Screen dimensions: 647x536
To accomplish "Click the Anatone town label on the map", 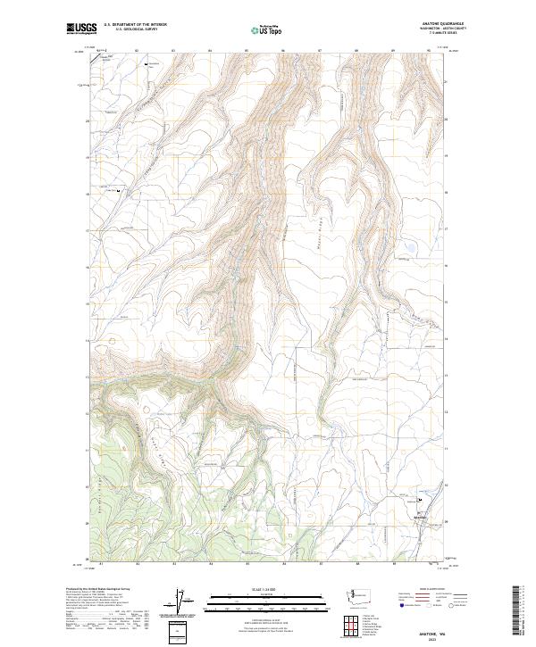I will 421,518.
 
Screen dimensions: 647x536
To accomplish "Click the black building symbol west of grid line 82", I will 121,190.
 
